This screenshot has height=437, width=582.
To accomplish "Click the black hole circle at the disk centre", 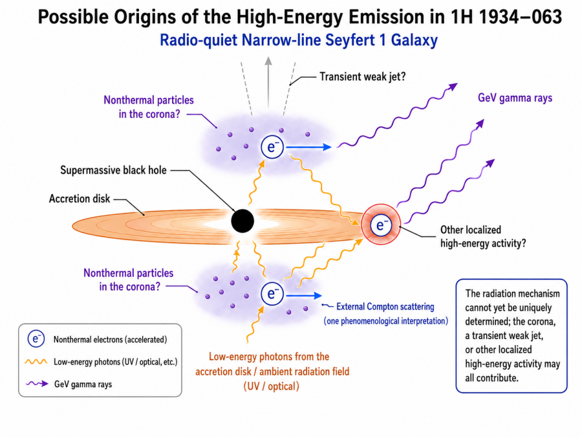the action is click(x=242, y=221).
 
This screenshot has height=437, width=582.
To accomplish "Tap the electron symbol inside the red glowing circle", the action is click(x=381, y=225).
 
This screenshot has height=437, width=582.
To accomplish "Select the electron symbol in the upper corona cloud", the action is click(x=272, y=147).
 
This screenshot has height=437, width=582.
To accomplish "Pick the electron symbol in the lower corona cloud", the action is click(x=272, y=293).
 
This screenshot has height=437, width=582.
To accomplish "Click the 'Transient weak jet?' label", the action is click(x=363, y=76).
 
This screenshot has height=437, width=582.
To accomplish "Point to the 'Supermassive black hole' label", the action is click(x=113, y=170).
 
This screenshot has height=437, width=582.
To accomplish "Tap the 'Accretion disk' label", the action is click(x=80, y=199).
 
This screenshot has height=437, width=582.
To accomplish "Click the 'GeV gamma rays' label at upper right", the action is click(x=515, y=98).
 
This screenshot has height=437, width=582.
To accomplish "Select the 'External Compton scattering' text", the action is click(x=385, y=307).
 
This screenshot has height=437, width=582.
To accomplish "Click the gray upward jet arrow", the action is click(x=268, y=82).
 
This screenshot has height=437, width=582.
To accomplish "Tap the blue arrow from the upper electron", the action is click(x=309, y=147).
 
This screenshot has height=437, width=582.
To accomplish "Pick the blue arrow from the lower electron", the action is click(x=304, y=296).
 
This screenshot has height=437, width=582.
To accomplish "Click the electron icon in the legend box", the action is click(x=36, y=339).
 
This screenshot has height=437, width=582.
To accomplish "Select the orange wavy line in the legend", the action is click(x=36, y=361).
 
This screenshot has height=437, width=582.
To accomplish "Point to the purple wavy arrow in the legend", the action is click(x=37, y=384).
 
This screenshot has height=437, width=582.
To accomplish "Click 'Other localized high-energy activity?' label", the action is click(x=483, y=236).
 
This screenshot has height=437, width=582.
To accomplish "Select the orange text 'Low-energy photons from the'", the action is click(x=269, y=357).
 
